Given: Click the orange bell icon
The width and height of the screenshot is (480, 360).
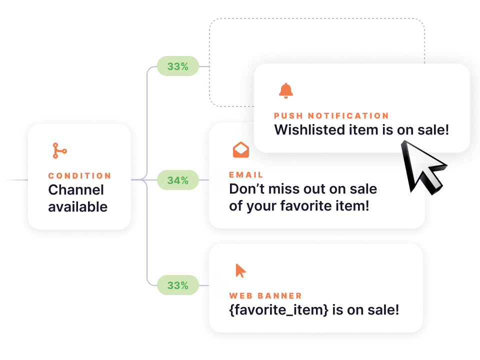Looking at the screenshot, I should coord(286,91).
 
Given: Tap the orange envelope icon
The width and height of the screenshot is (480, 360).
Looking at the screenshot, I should coord(240,149).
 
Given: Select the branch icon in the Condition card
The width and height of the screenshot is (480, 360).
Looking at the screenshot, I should coord(59,150).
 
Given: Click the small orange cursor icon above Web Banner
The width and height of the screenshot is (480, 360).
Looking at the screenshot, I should coord(240,270).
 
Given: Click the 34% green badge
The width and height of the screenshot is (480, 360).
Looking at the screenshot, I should coord(177,180).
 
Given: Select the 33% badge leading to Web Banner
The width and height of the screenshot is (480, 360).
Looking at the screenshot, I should coord(177,285).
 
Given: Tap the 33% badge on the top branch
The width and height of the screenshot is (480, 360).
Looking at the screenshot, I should coord(177,66).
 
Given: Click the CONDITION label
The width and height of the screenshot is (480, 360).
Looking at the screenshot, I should coord(79,176).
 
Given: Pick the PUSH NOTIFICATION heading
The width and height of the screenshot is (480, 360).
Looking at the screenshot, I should coord(331,116).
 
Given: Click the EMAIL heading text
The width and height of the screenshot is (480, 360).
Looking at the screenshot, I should coord(246,175).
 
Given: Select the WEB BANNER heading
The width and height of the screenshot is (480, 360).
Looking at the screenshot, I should coord(265,296).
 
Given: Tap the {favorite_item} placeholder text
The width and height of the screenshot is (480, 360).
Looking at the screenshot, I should coord(278,310).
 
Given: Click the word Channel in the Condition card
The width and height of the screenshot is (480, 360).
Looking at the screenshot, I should coord(76,190).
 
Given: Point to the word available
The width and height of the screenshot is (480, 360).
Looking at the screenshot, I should coord(77,206).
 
